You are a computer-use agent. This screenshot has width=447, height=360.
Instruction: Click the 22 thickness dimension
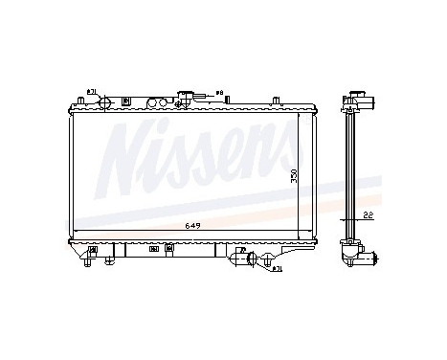point(368,216)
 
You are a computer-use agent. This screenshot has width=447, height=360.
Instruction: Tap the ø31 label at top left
point(92,92)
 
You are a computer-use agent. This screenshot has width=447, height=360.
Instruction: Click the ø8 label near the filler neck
point(218,93)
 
